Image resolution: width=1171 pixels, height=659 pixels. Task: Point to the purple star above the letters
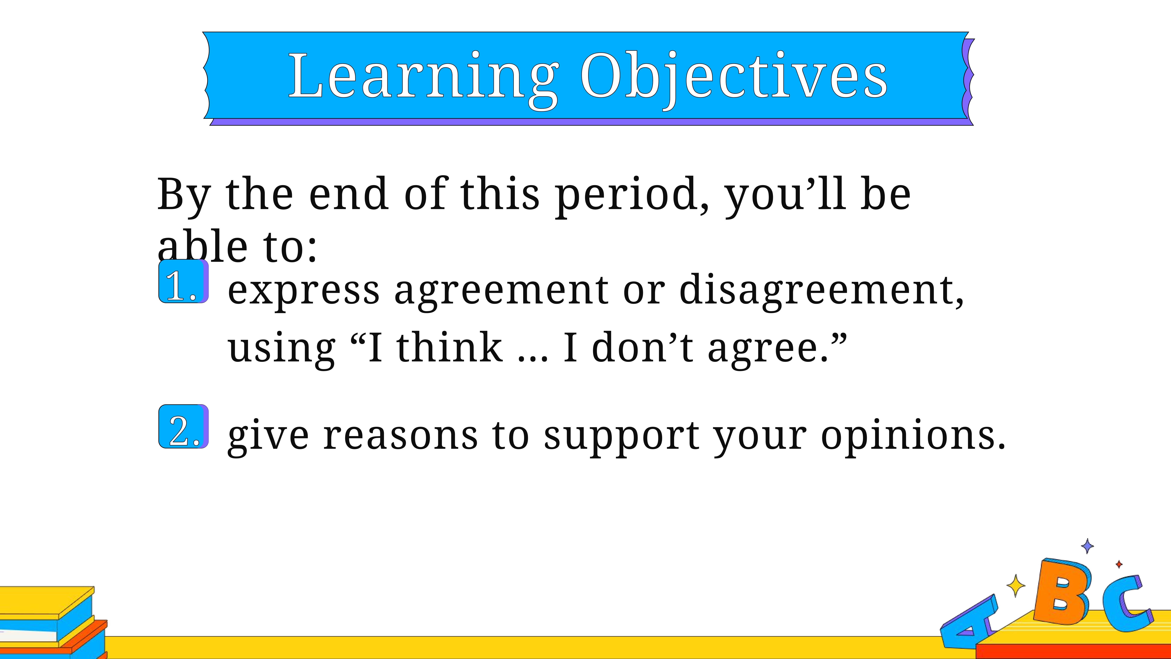1087,546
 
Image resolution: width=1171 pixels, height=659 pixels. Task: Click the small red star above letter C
1119,564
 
